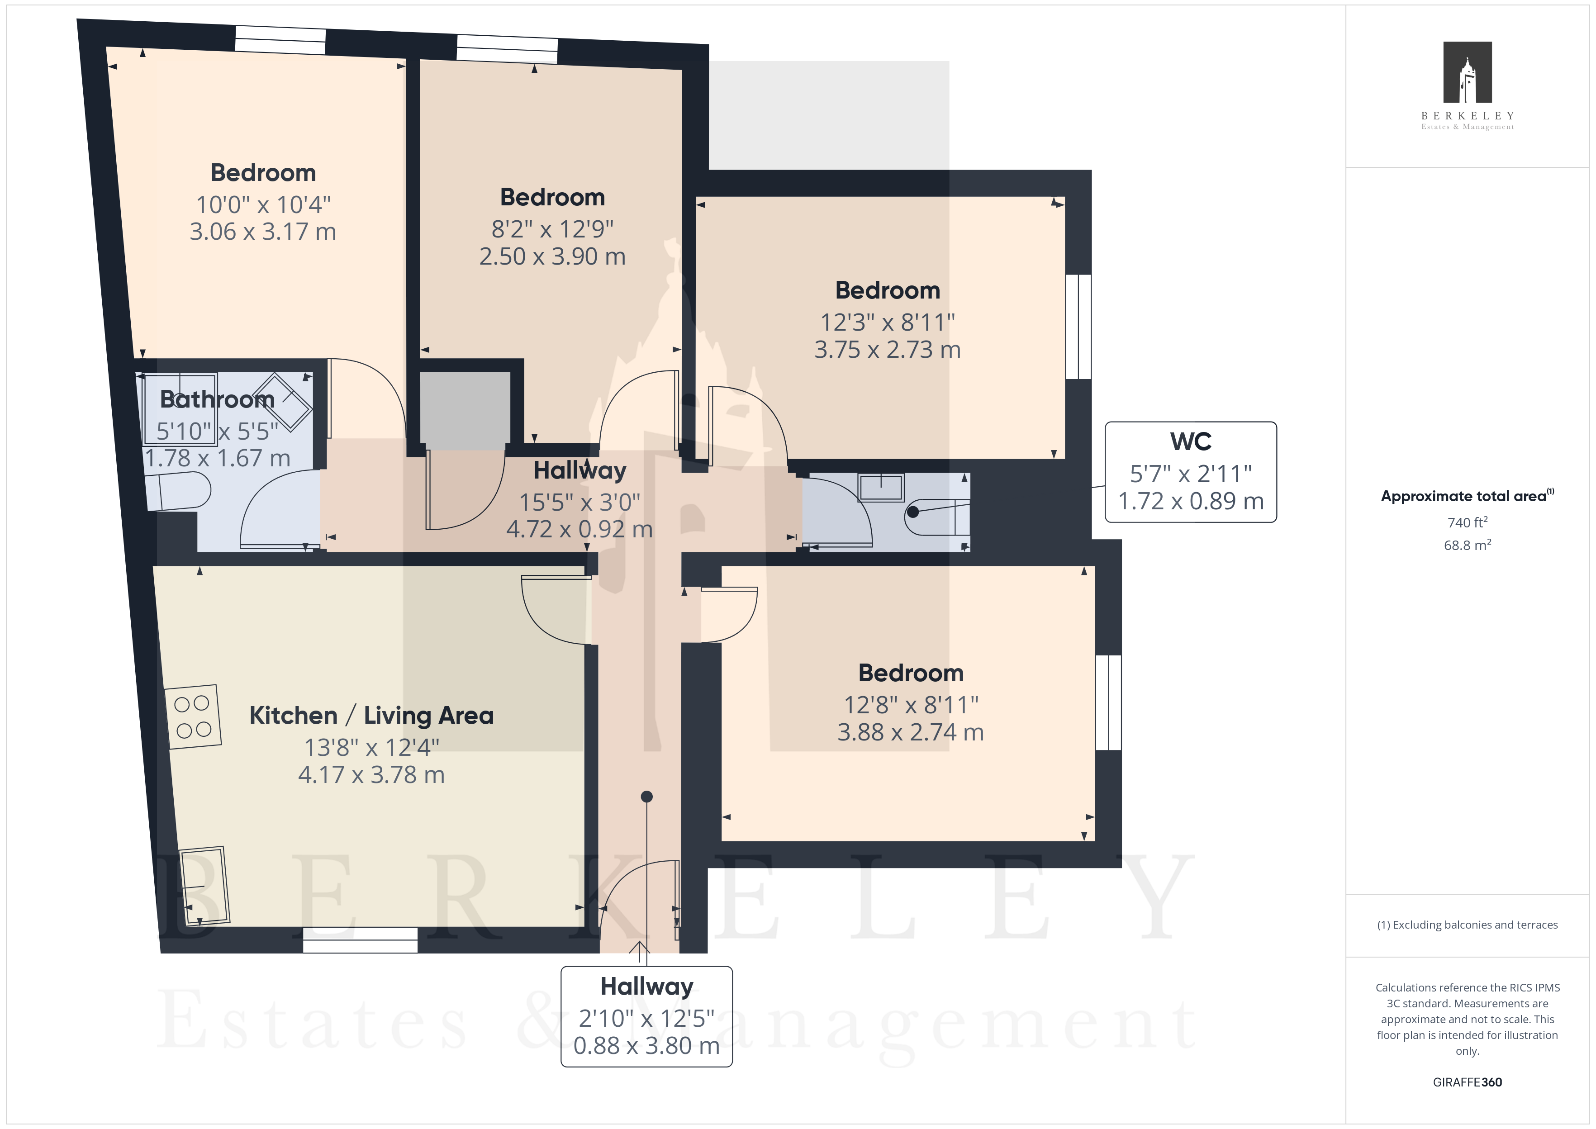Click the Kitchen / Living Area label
tap(371, 716)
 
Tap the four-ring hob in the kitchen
tap(193, 717)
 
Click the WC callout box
tap(1191, 472)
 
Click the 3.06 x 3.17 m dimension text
tap(263, 232)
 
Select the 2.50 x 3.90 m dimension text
tap(553, 256)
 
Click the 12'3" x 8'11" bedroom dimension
tap(888, 323)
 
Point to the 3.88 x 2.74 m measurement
tap(911, 732)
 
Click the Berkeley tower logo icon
tap(1468, 72)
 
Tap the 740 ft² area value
tap(1468, 522)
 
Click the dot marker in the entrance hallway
tap(646, 797)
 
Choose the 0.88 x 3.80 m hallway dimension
tap(646, 1046)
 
